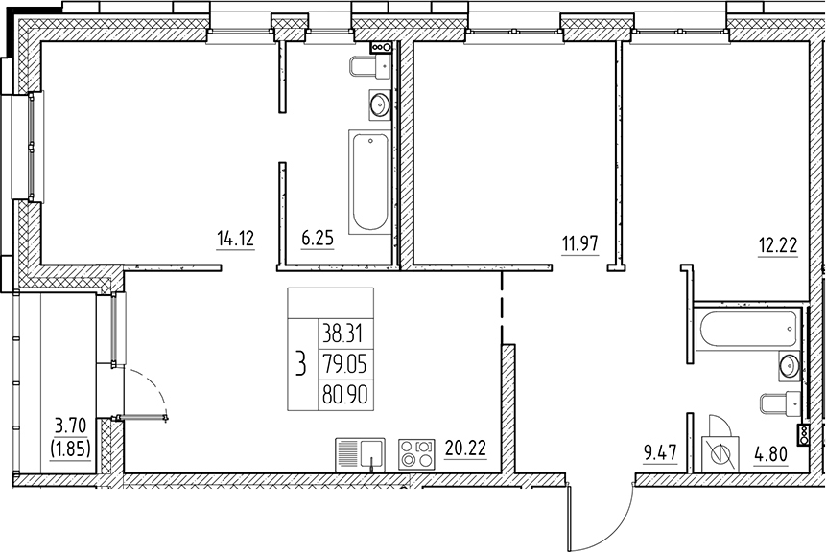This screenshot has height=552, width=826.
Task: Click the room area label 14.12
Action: coord(235,241)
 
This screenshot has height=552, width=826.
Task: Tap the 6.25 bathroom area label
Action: coord(317,241)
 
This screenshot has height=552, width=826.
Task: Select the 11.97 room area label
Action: coord(580,243)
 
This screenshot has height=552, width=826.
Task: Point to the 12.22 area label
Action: coord(778,243)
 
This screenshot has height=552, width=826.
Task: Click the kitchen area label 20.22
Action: coord(465,446)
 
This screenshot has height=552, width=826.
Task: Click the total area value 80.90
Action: coord(350,392)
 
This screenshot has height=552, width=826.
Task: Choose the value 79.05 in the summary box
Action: coord(350,363)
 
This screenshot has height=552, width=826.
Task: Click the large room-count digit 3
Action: coord(302,364)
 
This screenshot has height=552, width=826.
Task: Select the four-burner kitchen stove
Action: coord(415,451)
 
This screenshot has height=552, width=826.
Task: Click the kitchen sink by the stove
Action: coord(361,451)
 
